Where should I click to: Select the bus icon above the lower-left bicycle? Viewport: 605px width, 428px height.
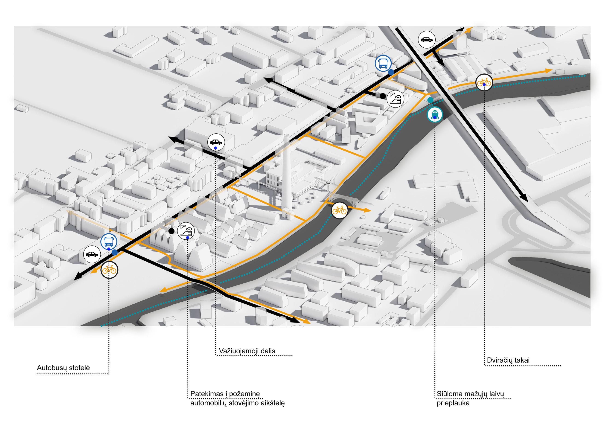(109, 242)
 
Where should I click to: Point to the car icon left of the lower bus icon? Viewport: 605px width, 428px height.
(92, 255)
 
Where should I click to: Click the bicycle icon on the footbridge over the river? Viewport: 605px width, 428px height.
(339, 210)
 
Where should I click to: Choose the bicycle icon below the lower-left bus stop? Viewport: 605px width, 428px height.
(110, 270)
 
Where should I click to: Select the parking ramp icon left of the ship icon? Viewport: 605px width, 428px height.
(395, 99)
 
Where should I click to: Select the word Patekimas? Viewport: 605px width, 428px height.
(206, 401)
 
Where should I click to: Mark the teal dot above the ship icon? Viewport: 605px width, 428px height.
(430, 100)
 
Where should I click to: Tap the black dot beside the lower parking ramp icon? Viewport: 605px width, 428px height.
(172, 231)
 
